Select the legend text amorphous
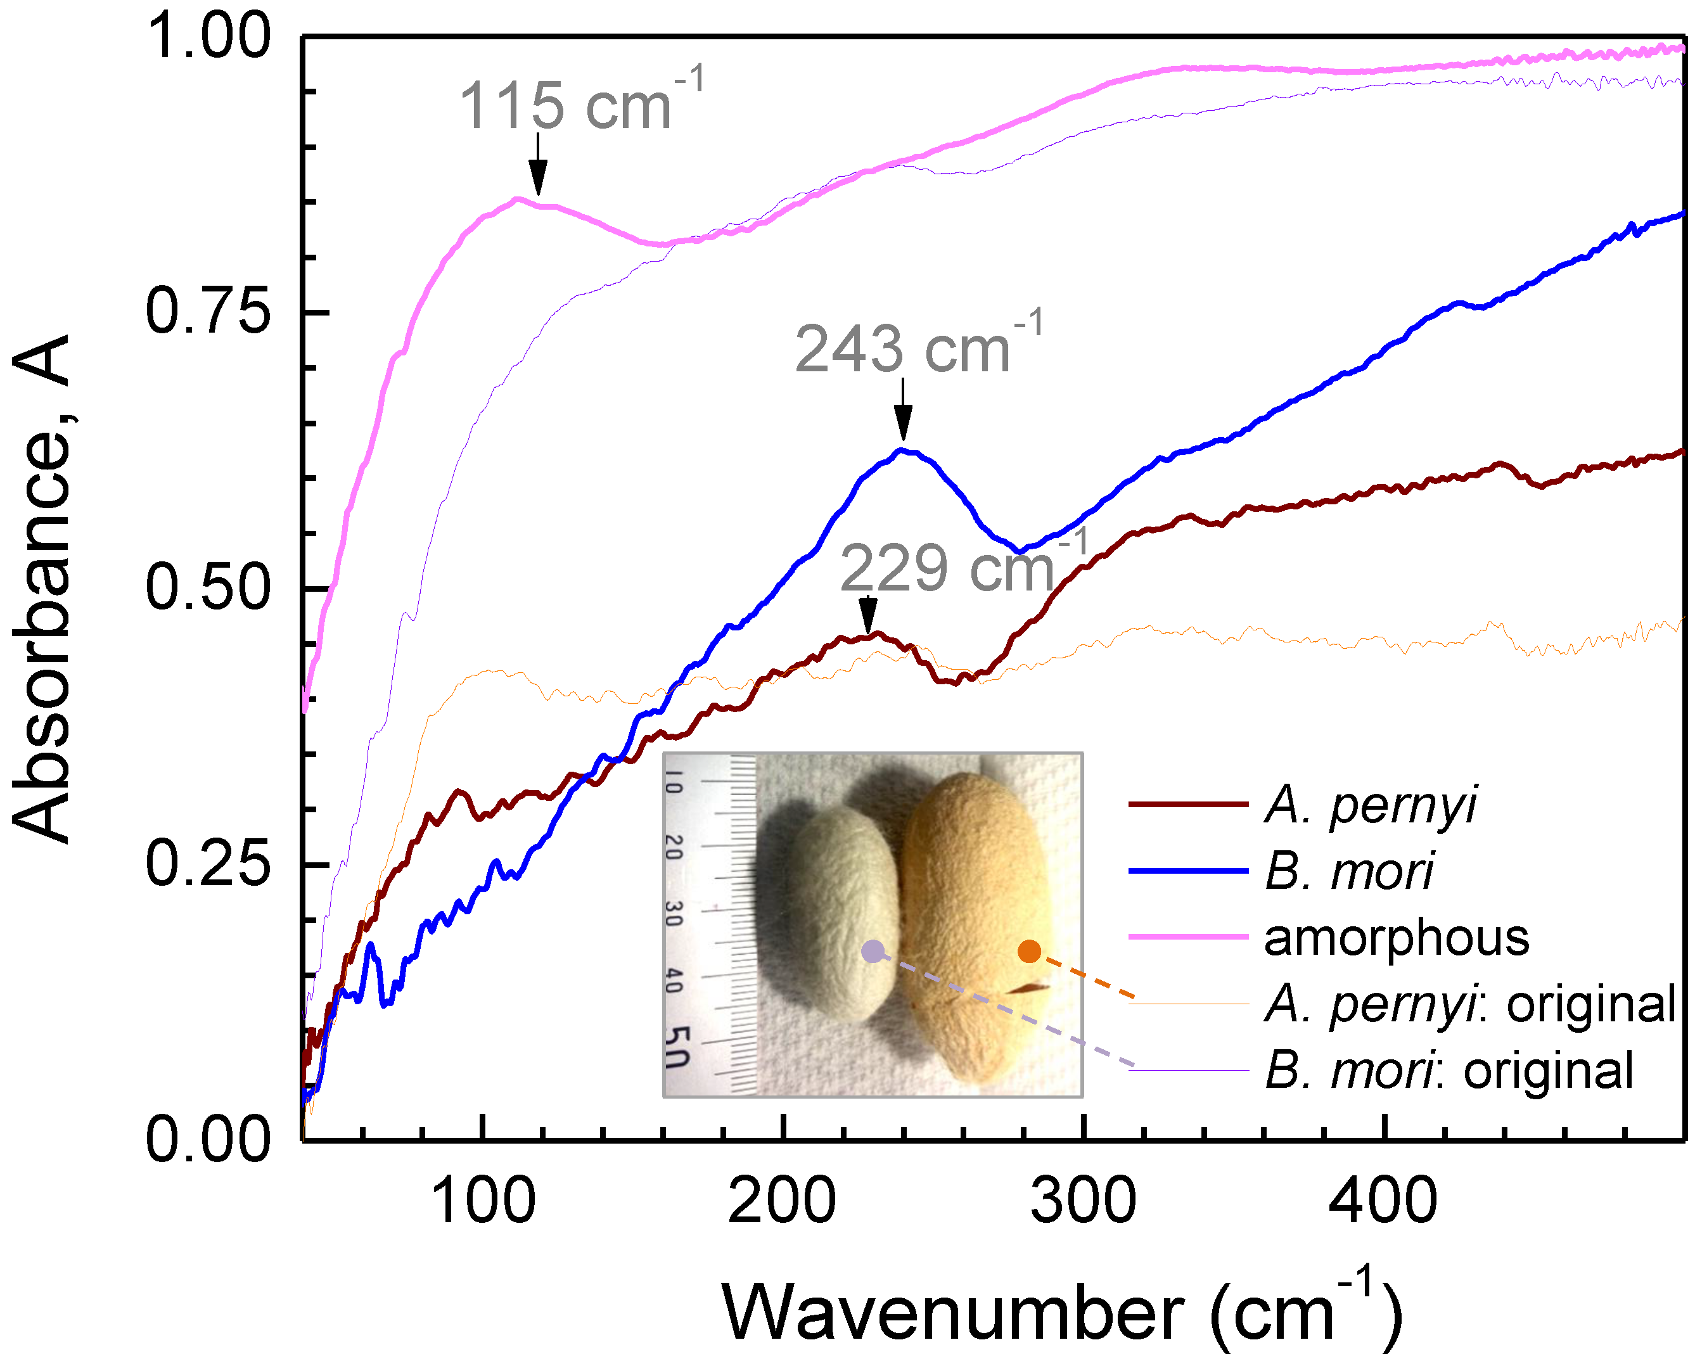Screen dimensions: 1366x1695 [x=1396, y=938]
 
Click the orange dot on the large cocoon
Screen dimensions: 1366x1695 [x=1029, y=952]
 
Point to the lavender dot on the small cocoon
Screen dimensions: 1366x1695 [x=872, y=952]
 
